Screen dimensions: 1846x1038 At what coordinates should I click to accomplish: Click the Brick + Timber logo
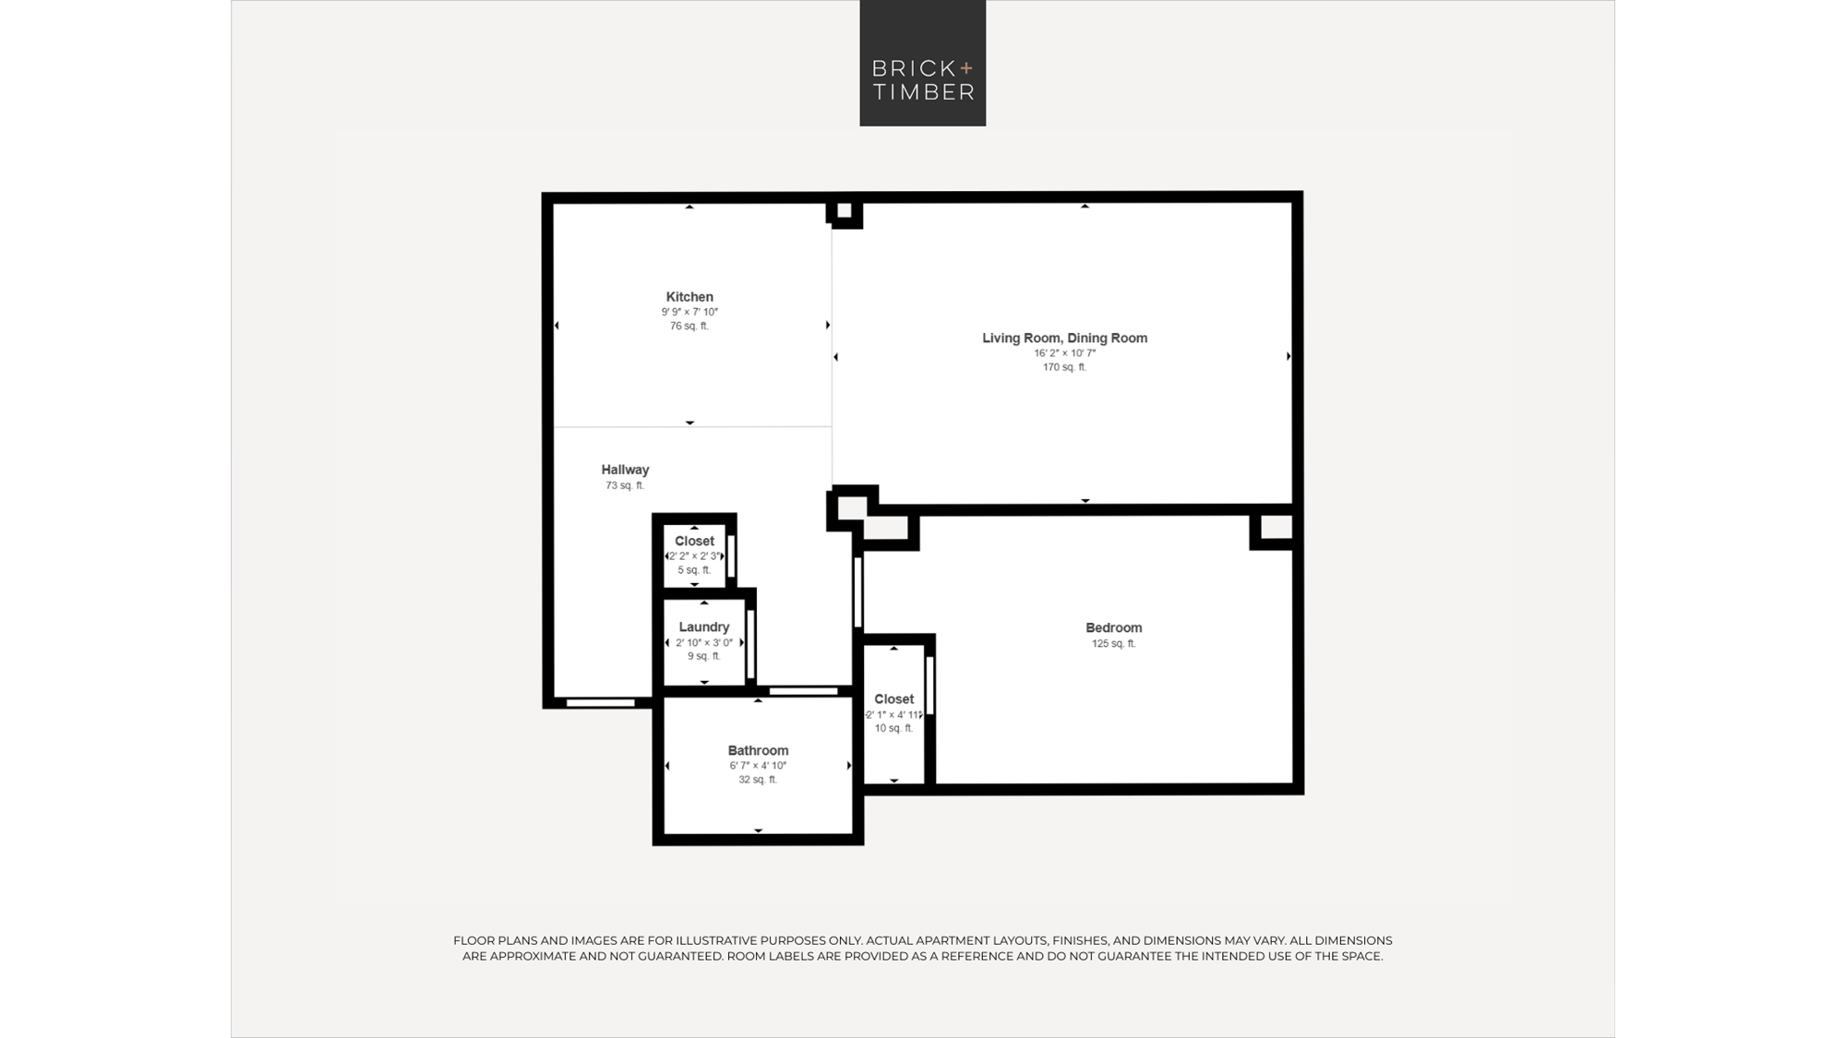pyautogui.click(x=922, y=63)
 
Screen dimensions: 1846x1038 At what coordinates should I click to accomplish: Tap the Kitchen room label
pyautogui.click(x=689, y=297)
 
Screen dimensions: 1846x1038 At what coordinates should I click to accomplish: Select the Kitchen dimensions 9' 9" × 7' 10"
pyautogui.click(x=689, y=312)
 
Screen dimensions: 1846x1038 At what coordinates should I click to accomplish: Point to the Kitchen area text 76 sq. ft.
pyautogui.click(x=689, y=326)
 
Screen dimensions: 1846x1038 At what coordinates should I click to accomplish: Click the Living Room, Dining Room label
pyautogui.click(x=1064, y=339)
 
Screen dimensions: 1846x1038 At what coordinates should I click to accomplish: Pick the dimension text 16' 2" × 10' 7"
pyautogui.click(x=1064, y=352)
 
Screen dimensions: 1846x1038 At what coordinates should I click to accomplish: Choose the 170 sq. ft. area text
pyautogui.click(x=1064, y=367)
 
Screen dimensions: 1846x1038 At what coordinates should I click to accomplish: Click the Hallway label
pyautogui.click(x=625, y=470)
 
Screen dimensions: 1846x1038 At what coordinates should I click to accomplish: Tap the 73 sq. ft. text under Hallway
pyautogui.click(x=625, y=485)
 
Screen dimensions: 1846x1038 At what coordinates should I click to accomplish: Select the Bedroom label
pyautogui.click(x=1113, y=628)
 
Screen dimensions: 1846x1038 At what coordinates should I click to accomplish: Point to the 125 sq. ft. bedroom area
pyautogui.click(x=1113, y=644)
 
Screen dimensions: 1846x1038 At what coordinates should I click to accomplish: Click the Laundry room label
pyautogui.click(x=703, y=627)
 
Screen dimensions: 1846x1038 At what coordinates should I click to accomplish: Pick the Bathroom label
pyautogui.click(x=758, y=751)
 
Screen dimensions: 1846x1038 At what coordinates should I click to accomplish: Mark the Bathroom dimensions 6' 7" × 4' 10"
pyautogui.click(x=758, y=766)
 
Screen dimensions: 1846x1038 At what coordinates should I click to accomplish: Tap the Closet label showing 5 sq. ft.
pyautogui.click(x=694, y=542)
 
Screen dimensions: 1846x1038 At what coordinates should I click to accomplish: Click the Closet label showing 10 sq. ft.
pyautogui.click(x=893, y=699)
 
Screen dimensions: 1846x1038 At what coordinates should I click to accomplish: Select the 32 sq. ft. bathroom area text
pyautogui.click(x=758, y=780)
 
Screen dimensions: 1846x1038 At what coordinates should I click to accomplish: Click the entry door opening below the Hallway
pyautogui.click(x=600, y=703)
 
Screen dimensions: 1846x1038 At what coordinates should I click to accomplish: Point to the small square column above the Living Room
pyautogui.click(x=844, y=211)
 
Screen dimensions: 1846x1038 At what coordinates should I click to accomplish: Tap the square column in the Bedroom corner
pyautogui.click(x=1276, y=528)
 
